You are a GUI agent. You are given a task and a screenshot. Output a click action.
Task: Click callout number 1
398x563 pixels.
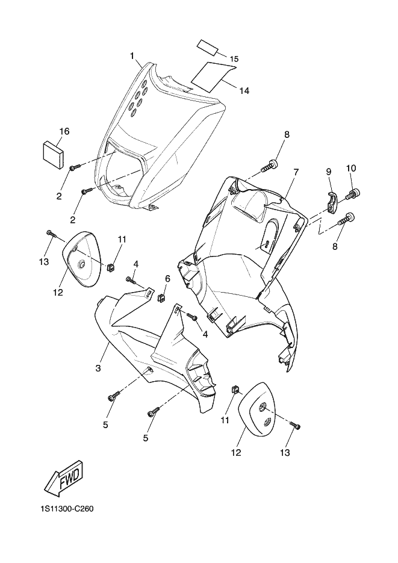[x=132, y=56]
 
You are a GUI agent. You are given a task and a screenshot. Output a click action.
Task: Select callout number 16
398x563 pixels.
[x=64, y=131]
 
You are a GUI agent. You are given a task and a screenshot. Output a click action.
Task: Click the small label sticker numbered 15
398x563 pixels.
[x=207, y=46]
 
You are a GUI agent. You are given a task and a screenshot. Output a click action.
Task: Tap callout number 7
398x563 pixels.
[x=296, y=172]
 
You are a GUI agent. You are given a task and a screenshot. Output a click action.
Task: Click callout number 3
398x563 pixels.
[x=97, y=366]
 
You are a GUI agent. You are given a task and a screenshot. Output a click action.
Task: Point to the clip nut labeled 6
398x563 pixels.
[x=161, y=297]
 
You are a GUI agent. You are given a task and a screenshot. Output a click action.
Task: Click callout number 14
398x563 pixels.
[x=244, y=91]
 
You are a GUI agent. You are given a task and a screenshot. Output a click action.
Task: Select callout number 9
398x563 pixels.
[x=329, y=172]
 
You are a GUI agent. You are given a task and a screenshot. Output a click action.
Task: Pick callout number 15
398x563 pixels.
[x=234, y=58]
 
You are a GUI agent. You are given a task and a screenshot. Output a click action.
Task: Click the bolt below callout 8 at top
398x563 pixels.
[x=270, y=164]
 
